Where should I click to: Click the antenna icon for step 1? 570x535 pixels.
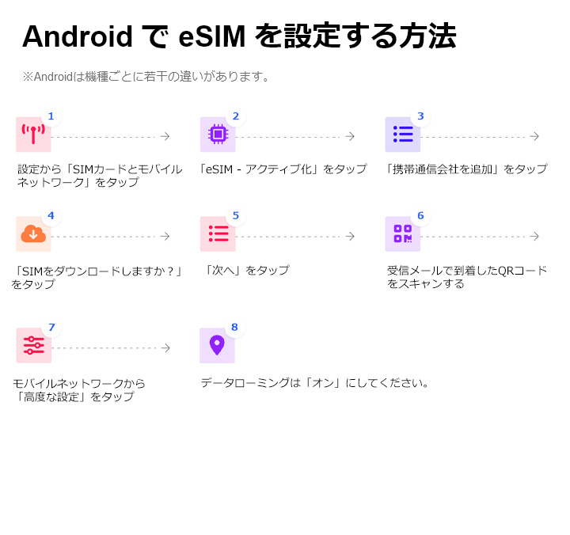click(x=33, y=135)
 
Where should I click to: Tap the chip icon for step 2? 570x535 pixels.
click(x=217, y=135)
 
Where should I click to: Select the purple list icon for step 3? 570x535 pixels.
click(x=403, y=135)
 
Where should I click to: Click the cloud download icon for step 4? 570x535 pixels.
click(x=33, y=234)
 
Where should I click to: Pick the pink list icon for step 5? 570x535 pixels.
click(x=218, y=234)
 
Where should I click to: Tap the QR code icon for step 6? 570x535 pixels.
click(x=403, y=234)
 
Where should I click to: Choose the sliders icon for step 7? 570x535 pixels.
click(x=33, y=346)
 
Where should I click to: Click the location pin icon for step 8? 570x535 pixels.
click(x=217, y=345)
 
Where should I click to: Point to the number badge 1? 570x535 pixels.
click(x=51, y=116)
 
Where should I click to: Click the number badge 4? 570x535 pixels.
click(x=51, y=215)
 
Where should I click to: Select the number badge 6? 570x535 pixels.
click(x=420, y=215)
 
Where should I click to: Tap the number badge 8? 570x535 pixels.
click(x=234, y=327)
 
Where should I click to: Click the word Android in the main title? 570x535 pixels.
click(x=77, y=36)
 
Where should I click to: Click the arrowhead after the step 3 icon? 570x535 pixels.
click(x=535, y=137)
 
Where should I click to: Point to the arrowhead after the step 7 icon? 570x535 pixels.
click(x=166, y=348)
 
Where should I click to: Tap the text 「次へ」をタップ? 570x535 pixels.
click(x=246, y=271)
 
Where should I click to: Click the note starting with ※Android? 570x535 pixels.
click(x=147, y=77)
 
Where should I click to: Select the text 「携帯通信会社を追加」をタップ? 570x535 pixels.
click(x=465, y=169)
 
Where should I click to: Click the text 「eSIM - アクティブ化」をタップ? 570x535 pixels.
click(x=283, y=169)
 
